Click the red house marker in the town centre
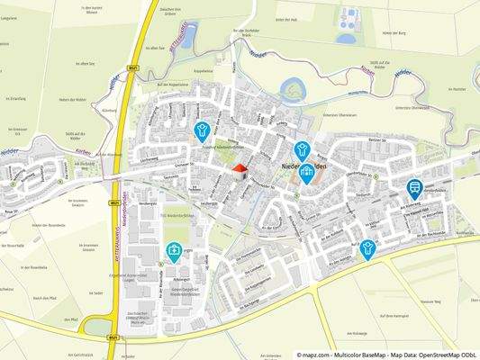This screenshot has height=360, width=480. pyautogui.click(x=239, y=168)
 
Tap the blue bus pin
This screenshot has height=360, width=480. pyautogui.click(x=414, y=188)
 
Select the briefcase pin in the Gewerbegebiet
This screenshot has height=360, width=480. pyautogui.click(x=174, y=251)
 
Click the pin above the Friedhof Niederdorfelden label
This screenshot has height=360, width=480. pyautogui.click(x=203, y=131)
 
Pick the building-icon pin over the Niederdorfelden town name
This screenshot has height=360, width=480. pyautogui.click(x=307, y=172)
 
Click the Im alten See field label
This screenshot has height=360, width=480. pyautogui.click(x=85, y=63)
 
